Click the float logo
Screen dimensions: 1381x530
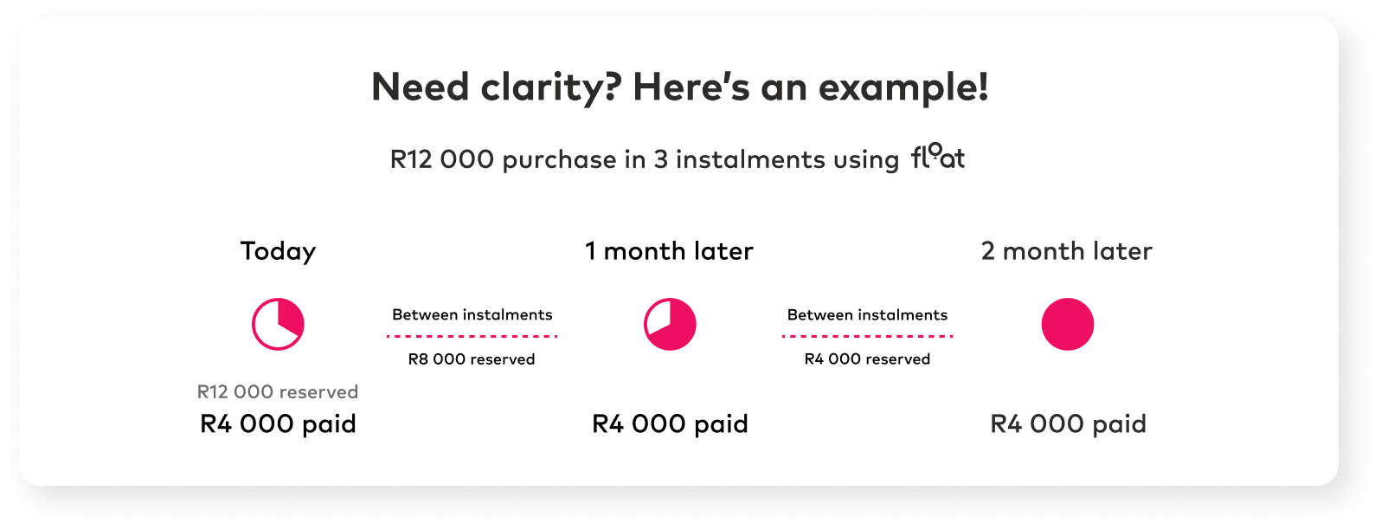[x=938, y=157]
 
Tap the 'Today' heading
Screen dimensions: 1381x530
[x=278, y=252]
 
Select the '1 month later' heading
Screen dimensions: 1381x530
[x=669, y=251]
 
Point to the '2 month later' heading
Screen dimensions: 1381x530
[x=1067, y=251]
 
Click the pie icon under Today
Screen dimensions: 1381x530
[x=278, y=325]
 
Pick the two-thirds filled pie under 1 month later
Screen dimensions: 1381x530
[x=670, y=325]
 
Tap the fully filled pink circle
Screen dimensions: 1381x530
[x=1068, y=325]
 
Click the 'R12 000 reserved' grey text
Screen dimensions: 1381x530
[x=278, y=391]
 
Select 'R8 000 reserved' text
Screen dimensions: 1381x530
[x=472, y=359]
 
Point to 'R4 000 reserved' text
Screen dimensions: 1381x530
[x=867, y=359]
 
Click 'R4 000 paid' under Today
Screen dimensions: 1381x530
[x=278, y=423]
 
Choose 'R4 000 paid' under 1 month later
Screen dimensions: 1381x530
[x=670, y=423]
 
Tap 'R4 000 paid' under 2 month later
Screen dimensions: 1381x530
[x=1069, y=423]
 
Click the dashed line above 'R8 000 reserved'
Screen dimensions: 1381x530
[x=472, y=336]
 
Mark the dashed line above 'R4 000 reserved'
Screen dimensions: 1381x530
[x=867, y=336]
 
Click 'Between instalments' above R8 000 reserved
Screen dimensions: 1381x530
[x=472, y=314]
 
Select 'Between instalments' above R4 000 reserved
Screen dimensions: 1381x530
[x=867, y=314]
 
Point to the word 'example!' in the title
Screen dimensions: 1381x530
[x=903, y=87]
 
